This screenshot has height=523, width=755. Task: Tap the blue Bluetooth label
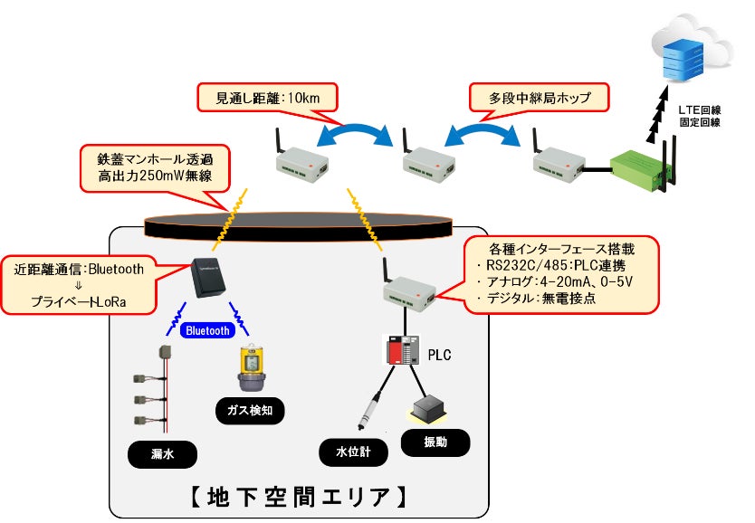click(x=207, y=330)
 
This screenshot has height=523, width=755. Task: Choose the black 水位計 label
click(x=354, y=450)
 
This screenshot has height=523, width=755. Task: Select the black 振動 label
click(x=435, y=442)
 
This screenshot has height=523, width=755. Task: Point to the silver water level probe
click(x=367, y=409)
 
